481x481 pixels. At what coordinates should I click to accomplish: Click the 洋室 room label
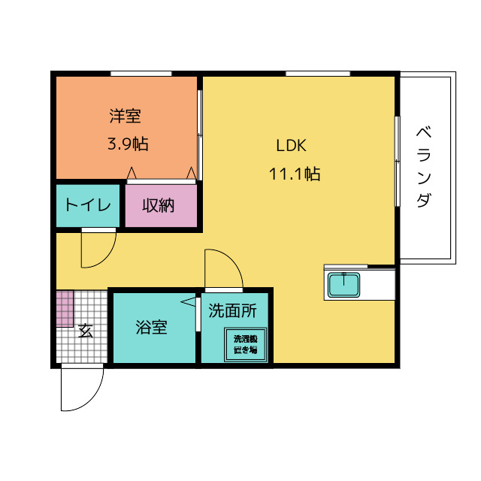[x=126, y=116]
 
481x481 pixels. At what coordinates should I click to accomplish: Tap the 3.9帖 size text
[x=127, y=144]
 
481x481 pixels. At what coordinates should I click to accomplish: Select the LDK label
[x=290, y=146]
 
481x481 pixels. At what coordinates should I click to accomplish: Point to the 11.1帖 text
[x=295, y=174]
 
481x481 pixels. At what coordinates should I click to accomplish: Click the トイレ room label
[x=88, y=205]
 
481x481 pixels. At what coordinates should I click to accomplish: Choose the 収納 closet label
[x=159, y=205]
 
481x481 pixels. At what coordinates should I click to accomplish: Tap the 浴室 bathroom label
[x=151, y=328]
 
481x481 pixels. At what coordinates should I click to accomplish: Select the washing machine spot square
[x=244, y=344]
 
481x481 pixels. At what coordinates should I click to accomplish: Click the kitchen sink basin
[x=344, y=285]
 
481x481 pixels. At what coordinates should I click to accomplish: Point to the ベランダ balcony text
[x=424, y=168]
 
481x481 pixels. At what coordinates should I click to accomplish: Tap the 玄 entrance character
[x=86, y=330]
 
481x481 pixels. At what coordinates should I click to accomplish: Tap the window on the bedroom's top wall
[x=141, y=73]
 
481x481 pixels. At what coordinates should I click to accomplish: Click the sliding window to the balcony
[x=397, y=161]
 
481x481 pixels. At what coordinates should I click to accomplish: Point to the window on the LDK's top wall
[x=318, y=73]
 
